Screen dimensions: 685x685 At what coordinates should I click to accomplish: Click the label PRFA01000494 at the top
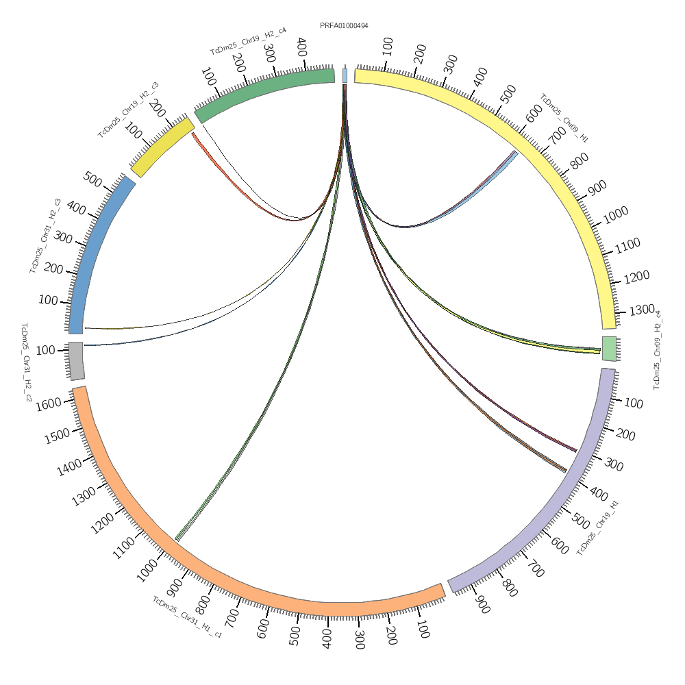(344, 26)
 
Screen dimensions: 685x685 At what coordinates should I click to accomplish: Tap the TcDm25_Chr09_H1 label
(564, 118)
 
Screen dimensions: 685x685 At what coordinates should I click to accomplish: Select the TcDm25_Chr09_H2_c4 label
(658, 350)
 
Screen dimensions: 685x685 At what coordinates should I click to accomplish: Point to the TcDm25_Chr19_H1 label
(598, 528)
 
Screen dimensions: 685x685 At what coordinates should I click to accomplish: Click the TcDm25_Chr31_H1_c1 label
(187, 617)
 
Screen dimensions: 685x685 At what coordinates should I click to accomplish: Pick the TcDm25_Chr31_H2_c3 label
(45, 236)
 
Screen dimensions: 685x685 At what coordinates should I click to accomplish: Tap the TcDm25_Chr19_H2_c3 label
(128, 110)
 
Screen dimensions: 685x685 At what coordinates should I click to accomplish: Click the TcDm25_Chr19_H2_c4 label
(248, 41)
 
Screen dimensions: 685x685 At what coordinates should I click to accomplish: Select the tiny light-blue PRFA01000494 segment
(345, 75)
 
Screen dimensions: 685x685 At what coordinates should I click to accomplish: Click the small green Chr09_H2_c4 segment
(609, 348)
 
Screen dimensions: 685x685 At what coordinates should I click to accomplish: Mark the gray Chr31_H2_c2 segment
(76, 360)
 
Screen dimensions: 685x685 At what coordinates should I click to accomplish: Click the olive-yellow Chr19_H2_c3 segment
(162, 147)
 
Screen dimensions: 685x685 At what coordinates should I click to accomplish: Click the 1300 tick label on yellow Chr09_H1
(643, 310)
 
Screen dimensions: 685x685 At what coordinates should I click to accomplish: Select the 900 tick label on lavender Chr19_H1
(482, 606)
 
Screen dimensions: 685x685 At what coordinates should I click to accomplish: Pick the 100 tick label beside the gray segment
(45, 351)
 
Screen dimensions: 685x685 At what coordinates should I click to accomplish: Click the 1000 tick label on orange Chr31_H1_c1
(147, 573)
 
